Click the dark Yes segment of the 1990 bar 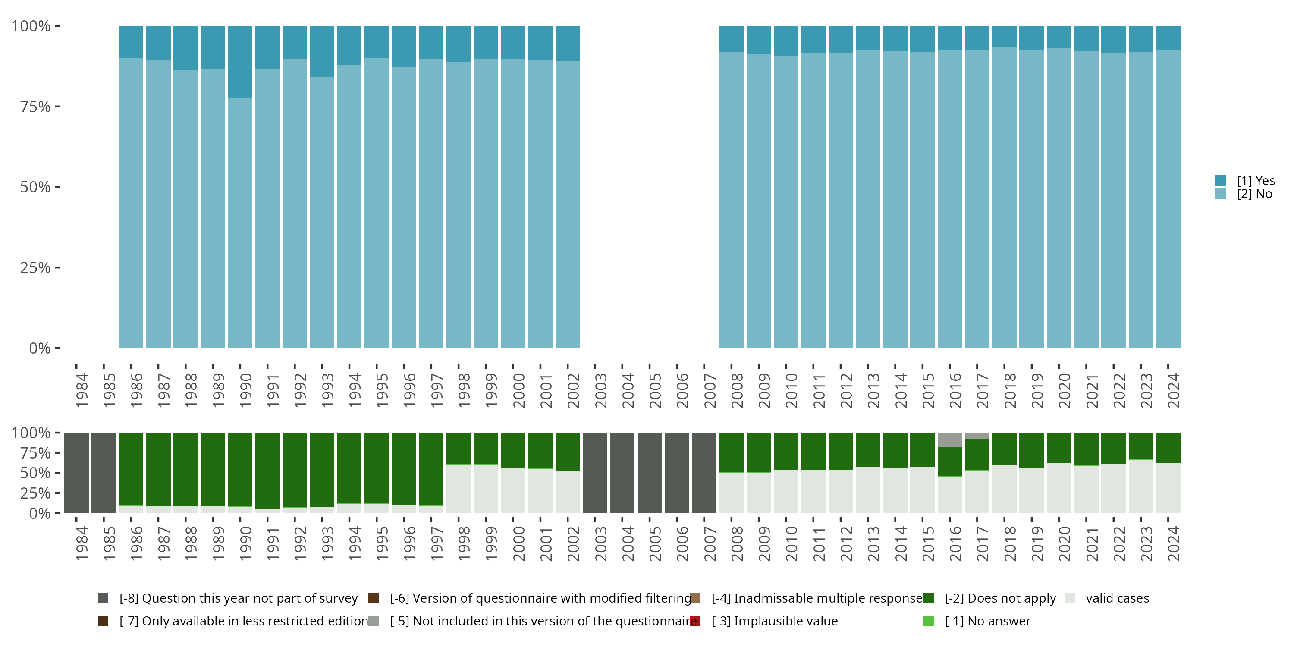pos(240,62)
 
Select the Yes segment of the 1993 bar pos(321,51)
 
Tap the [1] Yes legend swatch pos(1221,180)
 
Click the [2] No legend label pos(1254,194)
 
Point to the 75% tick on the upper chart pos(57,107)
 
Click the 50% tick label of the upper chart pos(35,187)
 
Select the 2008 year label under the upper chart pos(736,391)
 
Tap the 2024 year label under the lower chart pos(1173,544)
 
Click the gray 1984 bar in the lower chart pos(76,473)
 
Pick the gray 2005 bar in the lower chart pos(650,473)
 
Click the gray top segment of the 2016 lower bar pos(949,440)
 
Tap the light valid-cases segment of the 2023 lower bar pos(1141,486)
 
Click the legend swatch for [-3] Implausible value pos(695,621)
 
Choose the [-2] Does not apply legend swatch pos(928,598)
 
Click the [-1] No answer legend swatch pos(928,621)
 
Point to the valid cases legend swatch pos(1070,598)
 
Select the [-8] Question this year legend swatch pos(103,598)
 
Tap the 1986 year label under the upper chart pos(136,391)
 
